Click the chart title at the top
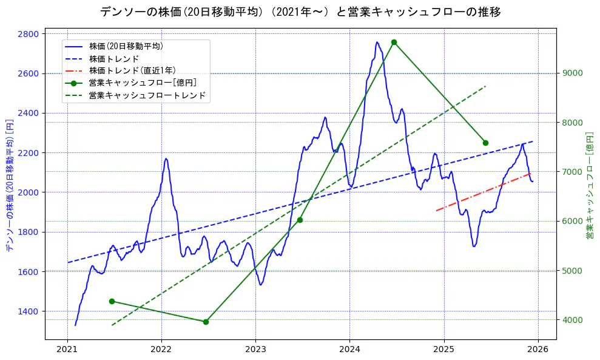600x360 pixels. [x=300, y=12]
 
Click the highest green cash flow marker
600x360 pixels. [x=394, y=42]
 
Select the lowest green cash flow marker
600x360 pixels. [x=206, y=322]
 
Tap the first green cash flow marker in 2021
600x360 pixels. [x=112, y=301]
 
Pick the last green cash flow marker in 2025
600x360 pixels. [x=485, y=143]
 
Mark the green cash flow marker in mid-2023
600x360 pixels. [x=300, y=220]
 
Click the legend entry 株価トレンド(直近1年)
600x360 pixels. [x=132, y=71]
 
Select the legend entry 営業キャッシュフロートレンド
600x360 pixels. [x=147, y=95]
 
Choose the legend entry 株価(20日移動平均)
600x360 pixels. [x=126, y=46]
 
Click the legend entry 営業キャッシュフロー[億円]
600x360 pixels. [x=142, y=83]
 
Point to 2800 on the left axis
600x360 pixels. [x=29, y=34]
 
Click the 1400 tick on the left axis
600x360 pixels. [x=29, y=311]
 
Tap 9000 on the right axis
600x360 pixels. [x=573, y=73]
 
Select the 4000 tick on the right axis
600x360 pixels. [x=573, y=320]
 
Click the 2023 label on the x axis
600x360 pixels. [x=255, y=349]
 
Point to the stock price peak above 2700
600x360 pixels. [x=377, y=42]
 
